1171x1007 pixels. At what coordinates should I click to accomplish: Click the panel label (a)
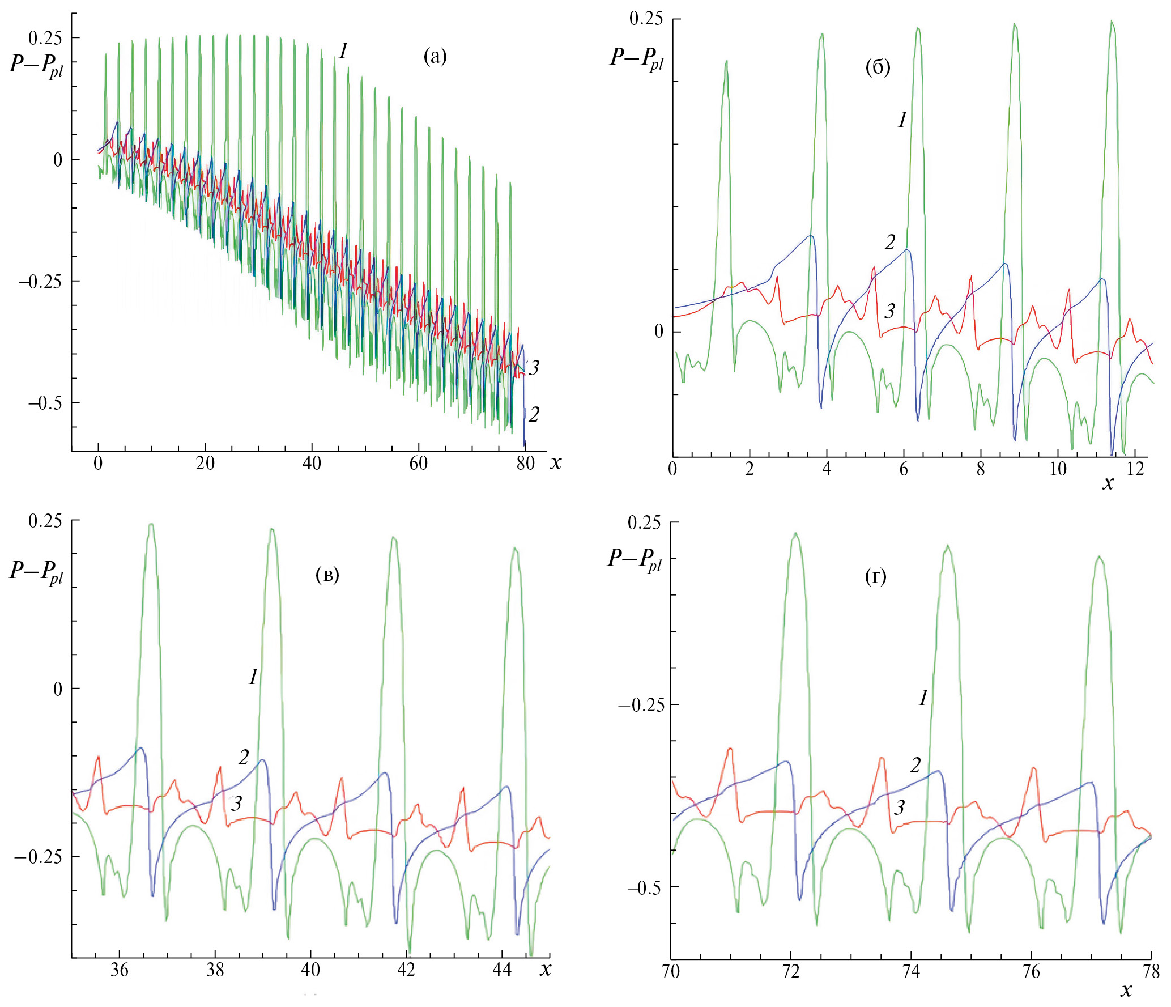435,57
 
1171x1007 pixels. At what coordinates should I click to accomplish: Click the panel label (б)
878,67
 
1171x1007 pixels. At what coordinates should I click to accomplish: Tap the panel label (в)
327,575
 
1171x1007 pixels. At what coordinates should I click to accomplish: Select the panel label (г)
876,577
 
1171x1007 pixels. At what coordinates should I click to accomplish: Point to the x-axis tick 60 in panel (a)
418,464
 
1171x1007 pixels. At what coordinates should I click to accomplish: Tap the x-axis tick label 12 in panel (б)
1135,470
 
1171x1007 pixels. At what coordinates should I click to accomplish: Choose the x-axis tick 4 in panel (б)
827,470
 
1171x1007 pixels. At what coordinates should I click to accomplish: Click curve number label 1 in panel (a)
343,52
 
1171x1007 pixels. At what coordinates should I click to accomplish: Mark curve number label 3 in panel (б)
889,311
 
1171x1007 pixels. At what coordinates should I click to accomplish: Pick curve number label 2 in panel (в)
244,757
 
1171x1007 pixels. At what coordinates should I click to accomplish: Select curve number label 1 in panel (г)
923,698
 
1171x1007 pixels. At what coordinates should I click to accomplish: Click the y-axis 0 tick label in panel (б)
659,332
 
